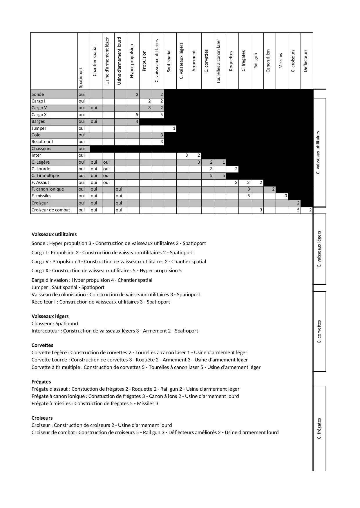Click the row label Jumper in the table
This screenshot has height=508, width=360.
(x=39, y=128)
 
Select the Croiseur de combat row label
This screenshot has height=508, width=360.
(x=51, y=210)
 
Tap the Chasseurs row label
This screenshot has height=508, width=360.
(x=41, y=149)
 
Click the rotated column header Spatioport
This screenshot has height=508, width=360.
(x=81, y=78)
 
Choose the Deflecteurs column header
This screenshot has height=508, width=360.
(x=305, y=61)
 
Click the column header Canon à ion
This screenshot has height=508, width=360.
(x=268, y=61)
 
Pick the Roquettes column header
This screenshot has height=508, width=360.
(x=231, y=61)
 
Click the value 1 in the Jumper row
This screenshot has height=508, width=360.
(x=174, y=128)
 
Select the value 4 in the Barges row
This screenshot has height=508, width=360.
(x=137, y=121)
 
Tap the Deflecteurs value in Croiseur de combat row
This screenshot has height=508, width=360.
(x=310, y=210)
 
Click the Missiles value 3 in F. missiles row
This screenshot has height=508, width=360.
(x=285, y=196)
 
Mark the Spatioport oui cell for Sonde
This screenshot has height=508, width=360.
(x=82, y=94)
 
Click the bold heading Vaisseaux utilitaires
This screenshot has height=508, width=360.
(x=54, y=234)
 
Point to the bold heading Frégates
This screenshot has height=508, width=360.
(x=41, y=382)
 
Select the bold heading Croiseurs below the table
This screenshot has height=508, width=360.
(x=42, y=418)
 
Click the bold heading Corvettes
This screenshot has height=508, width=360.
(x=42, y=345)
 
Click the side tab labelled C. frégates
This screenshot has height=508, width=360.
(x=319, y=429)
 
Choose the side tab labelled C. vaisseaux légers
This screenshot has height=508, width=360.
(x=319, y=249)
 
